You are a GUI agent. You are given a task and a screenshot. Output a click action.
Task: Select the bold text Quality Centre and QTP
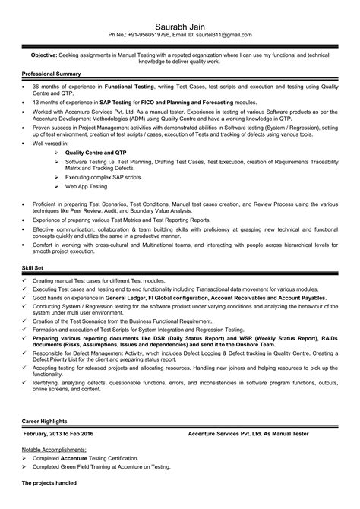coord(98,152)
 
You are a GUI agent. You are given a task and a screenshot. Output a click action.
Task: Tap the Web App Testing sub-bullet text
coord(87,186)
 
